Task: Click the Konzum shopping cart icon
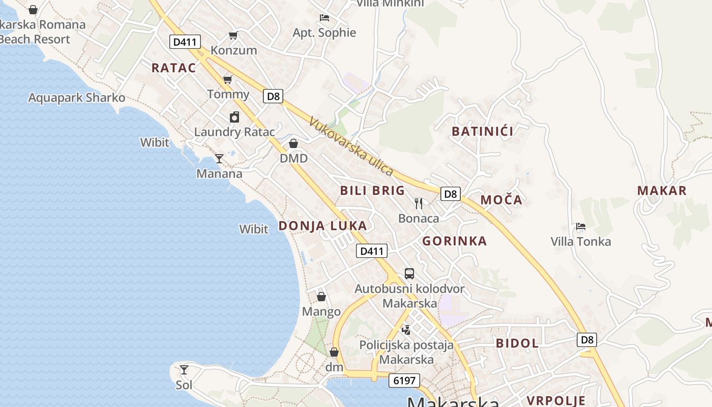coord(233,35)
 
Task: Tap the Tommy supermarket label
coord(228,94)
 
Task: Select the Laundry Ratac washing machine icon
coord(234,117)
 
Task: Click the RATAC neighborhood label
coord(173,68)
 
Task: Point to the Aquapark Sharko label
coord(76,98)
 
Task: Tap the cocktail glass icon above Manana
coord(219,158)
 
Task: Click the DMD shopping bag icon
coord(293,143)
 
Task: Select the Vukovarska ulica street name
coord(351,147)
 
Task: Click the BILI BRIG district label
coord(372,191)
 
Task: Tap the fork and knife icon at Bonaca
coord(419,203)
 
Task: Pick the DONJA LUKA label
coord(322,226)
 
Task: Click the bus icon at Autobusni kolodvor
coord(409,274)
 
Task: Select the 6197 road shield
coord(405,380)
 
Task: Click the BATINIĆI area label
coord(483,131)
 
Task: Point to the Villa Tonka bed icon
coord(580,226)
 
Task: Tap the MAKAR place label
coord(662,191)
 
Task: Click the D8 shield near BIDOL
coord(587,340)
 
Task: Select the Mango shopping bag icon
coord(321,296)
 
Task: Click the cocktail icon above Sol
coord(184,370)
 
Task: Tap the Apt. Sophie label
coord(324,33)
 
